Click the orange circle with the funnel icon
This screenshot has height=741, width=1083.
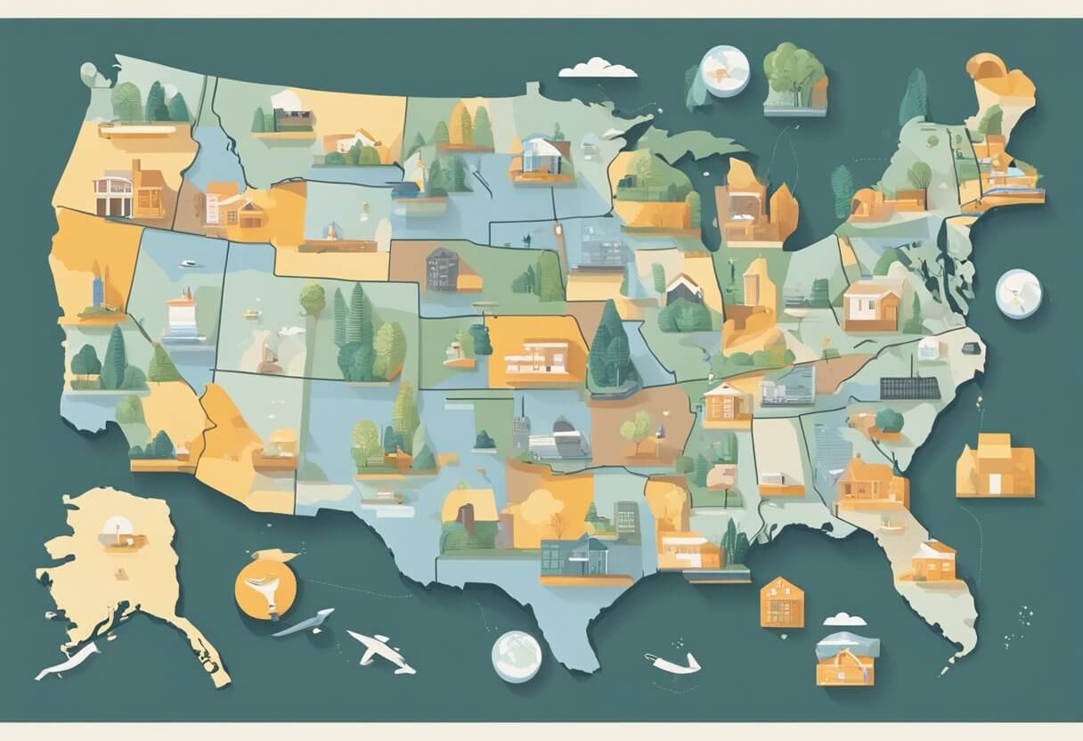point(265,584)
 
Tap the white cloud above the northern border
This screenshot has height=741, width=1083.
point(598,68)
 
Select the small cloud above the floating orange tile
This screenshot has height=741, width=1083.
point(844,618)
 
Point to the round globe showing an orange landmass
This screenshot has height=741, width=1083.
point(724,70)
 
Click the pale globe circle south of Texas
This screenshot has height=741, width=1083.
point(517,656)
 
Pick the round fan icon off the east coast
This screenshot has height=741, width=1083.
point(1018,293)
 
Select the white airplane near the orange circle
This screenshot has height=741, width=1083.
point(381,651)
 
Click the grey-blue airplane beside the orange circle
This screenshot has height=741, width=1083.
point(305,623)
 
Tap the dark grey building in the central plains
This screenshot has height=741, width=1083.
point(443,269)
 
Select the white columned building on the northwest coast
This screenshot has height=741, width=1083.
point(113,194)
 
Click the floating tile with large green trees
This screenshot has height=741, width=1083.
point(794,78)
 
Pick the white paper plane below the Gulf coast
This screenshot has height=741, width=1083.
point(673,662)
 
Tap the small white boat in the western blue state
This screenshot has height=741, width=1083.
point(188,264)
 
